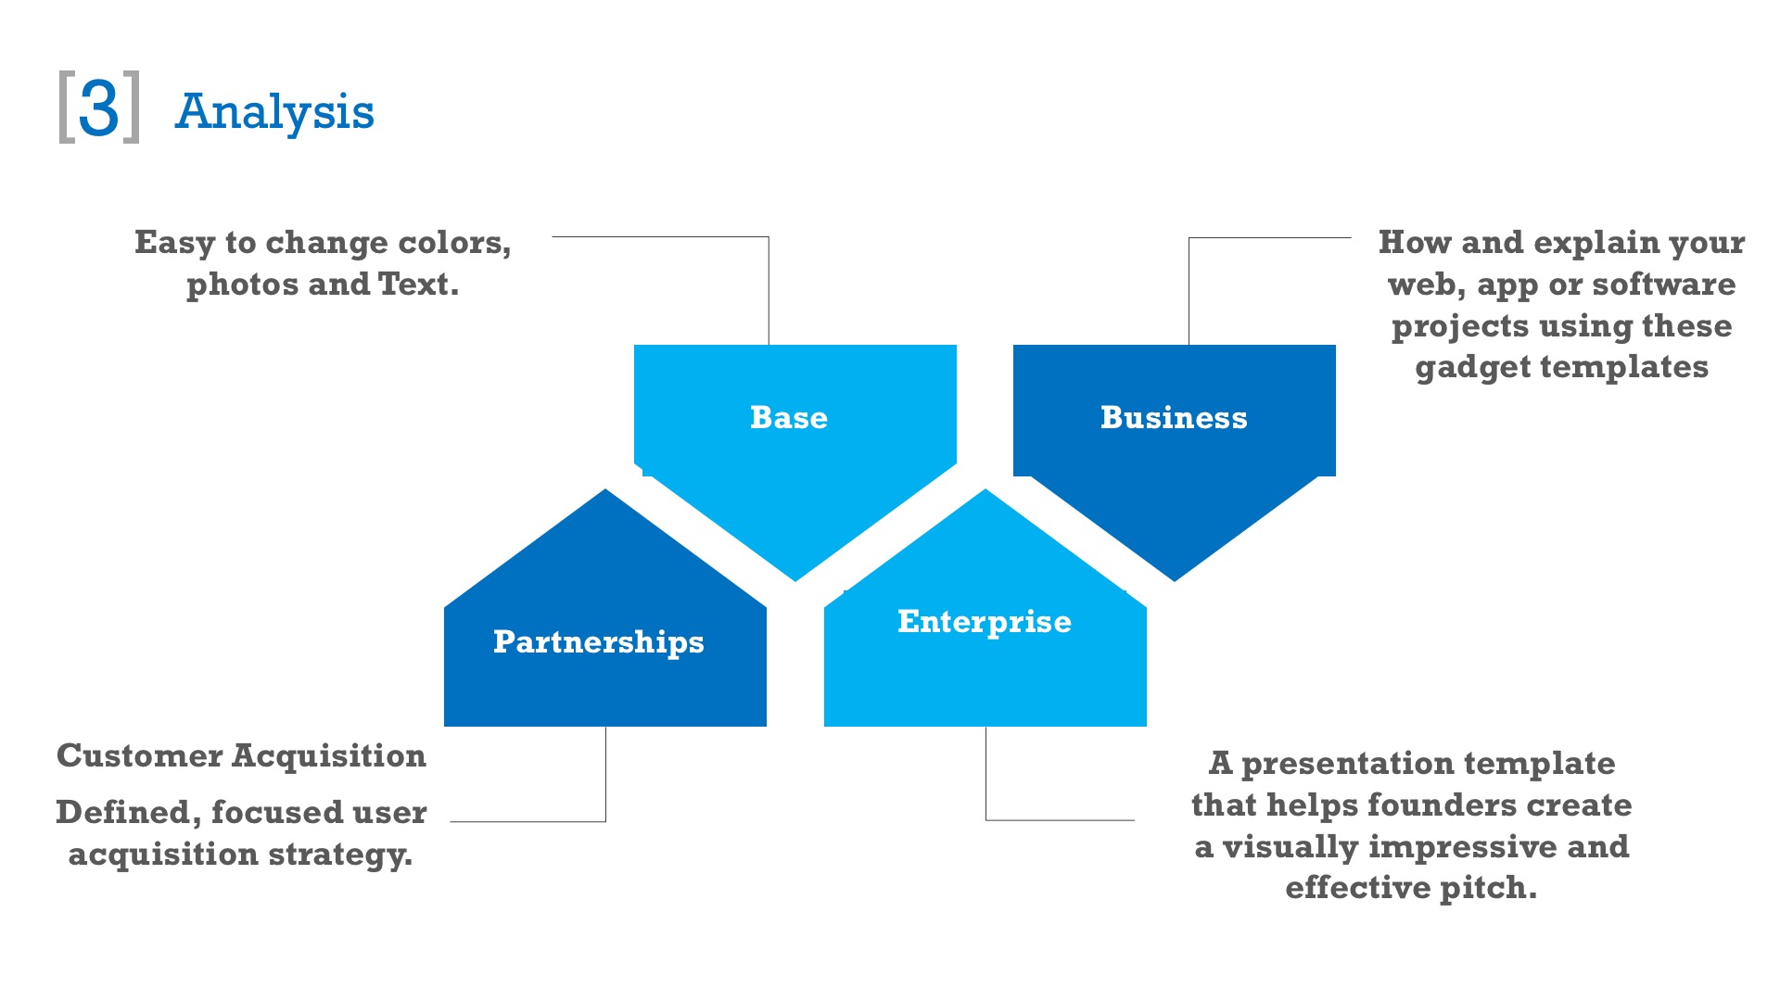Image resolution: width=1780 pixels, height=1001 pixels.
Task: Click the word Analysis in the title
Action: (x=274, y=112)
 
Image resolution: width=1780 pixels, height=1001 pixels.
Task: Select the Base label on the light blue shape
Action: (x=789, y=417)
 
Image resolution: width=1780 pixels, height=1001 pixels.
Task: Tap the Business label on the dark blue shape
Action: (x=1174, y=417)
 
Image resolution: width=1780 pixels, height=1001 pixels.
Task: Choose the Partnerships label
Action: (x=598, y=641)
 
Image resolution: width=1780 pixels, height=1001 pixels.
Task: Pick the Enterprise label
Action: (x=984, y=621)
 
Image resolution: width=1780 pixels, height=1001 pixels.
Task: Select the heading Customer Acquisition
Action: (x=241, y=755)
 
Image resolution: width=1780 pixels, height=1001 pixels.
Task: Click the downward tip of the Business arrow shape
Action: (x=1175, y=578)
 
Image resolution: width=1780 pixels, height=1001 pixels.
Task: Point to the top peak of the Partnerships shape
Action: (x=605, y=492)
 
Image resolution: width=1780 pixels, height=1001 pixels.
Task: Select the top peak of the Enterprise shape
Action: (x=985, y=492)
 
